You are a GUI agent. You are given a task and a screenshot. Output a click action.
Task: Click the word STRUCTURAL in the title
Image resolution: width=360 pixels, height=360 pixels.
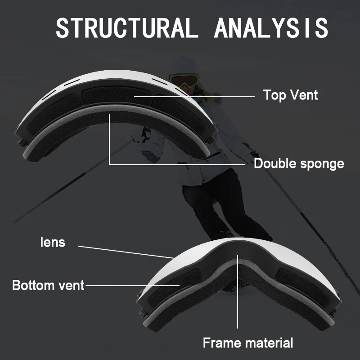127,28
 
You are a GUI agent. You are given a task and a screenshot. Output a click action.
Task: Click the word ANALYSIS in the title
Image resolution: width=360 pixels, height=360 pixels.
271,28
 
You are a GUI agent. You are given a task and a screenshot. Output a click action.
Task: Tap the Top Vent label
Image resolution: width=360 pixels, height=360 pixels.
290,95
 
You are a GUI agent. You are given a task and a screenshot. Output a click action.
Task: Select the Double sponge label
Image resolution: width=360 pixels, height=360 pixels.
299,164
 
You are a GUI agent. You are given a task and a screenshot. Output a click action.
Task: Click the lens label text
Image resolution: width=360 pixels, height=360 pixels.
53,242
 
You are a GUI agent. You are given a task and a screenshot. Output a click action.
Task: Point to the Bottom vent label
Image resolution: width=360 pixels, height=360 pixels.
49,285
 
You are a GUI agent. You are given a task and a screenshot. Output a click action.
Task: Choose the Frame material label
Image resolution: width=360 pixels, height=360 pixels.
248,343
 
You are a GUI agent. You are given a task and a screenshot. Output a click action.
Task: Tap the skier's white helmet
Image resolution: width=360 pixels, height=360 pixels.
185,65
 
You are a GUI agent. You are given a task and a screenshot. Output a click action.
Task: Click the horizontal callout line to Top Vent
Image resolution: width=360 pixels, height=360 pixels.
194,97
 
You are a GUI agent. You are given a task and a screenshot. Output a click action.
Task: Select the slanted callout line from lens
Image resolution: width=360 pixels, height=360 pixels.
126,252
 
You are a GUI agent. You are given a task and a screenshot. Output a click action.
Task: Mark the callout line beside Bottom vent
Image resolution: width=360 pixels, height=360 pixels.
132,286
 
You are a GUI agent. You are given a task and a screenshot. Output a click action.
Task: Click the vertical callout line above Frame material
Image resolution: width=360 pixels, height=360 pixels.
238,291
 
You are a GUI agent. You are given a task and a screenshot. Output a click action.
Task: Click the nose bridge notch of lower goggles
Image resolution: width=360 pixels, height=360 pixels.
238,264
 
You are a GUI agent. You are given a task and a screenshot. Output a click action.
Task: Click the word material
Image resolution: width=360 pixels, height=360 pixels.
269,343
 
